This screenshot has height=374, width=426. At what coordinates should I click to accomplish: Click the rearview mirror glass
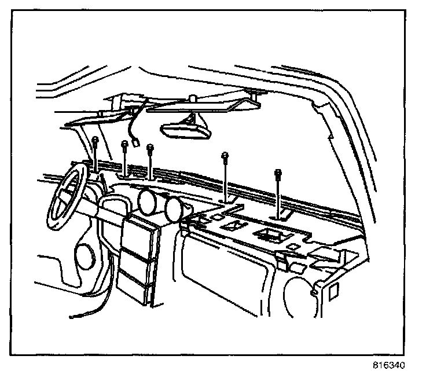click(185, 130)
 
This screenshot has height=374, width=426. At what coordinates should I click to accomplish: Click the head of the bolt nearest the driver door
click(94, 140)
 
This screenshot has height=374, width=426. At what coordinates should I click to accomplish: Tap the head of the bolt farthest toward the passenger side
click(279, 172)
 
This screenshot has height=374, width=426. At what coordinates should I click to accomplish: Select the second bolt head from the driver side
click(124, 145)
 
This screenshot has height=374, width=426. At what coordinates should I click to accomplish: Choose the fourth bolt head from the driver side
click(225, 156)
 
